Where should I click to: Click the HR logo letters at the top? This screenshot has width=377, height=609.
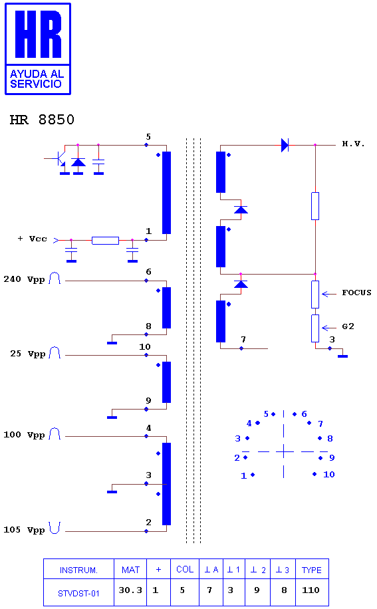[38, 34]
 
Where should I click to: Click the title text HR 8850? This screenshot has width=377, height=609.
[42, 120]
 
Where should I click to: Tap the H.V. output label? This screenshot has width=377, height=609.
[353, 144]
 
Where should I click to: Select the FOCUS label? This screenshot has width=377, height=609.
[356, 293]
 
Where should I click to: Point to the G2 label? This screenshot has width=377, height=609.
[348, 326]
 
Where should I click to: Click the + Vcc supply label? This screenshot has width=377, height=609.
[32, 239]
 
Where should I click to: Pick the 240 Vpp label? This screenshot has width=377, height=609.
[24, 279]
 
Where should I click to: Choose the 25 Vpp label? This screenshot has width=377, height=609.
[27, 354]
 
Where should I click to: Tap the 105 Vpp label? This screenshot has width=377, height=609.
[24, 530]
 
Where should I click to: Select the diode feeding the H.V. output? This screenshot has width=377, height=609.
[285, 145]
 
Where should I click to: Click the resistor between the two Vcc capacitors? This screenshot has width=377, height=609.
[105, 241]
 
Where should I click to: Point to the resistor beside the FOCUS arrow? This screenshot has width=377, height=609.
[315, 295]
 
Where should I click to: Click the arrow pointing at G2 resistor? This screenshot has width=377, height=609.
[329, 328]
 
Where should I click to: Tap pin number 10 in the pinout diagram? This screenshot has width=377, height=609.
[329, 474]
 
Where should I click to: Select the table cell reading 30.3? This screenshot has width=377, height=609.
[130, 590]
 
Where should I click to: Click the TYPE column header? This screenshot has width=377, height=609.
[312, 570]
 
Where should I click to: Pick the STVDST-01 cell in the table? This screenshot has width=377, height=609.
[79, 593]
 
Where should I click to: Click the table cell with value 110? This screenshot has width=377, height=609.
[312, 590]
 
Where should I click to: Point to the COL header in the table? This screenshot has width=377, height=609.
[185, 569]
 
